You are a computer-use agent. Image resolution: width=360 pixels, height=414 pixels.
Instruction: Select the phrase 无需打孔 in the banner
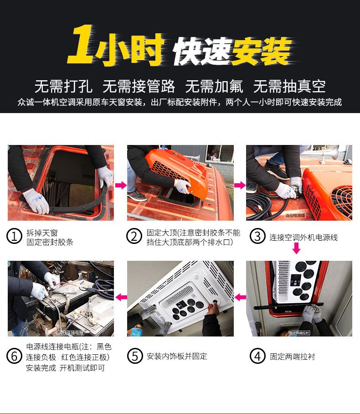(x=63, y=86)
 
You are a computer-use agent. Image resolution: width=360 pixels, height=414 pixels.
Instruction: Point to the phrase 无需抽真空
(x=289, y=86)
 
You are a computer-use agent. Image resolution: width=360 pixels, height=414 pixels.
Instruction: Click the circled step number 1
(x=15, y=237)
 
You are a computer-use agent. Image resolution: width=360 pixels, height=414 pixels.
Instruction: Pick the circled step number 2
(x=134, y=237)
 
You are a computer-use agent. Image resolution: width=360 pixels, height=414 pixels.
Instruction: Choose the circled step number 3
(x=257, y=237)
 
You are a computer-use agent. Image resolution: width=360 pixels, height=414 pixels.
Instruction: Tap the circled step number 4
(x=257, y=356)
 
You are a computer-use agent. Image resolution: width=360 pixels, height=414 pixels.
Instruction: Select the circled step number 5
(x=134, y=356)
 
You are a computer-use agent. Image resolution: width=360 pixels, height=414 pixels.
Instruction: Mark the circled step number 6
(x=15, y=356)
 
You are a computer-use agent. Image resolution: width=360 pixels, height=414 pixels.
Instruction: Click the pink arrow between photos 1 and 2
(x=120, y=185)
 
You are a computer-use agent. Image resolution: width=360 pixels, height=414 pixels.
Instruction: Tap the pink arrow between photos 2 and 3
(x=240, y=185)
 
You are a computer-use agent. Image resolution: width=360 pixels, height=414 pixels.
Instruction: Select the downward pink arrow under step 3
(x=296, y=249)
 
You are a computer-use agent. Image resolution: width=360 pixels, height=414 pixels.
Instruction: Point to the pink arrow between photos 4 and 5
(x=240, y=297)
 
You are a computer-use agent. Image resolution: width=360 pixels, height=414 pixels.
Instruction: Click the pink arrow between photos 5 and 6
(x=120, y=297)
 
